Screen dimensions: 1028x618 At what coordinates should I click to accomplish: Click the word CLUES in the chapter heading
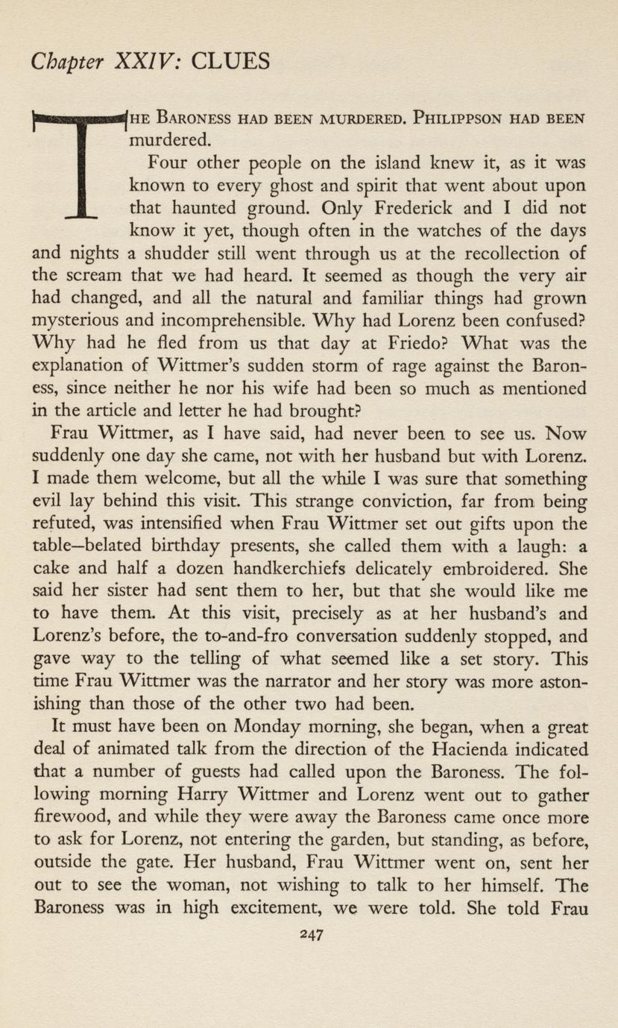point(230,60)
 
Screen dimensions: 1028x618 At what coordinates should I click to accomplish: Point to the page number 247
point(309,935)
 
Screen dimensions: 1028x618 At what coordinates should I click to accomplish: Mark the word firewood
point(66,818)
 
